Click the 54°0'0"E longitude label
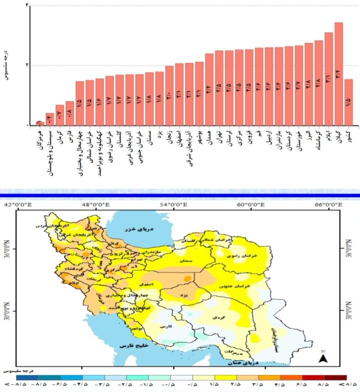[x=173, y=204]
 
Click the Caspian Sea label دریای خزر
[x=140, y=229]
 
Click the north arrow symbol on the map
[x=323, y=358]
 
